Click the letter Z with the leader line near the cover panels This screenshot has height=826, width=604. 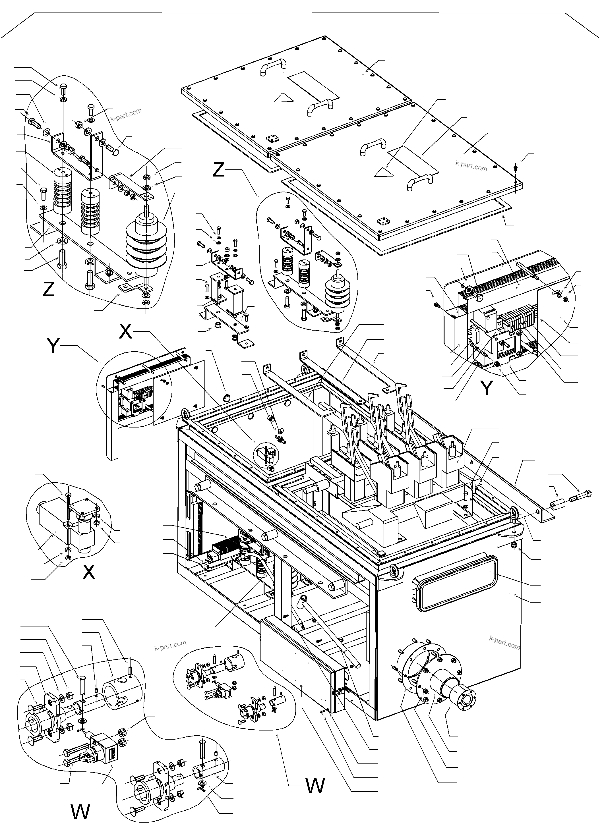219,170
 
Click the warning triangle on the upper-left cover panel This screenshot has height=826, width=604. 283,97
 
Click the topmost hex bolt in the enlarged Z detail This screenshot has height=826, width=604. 63,88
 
